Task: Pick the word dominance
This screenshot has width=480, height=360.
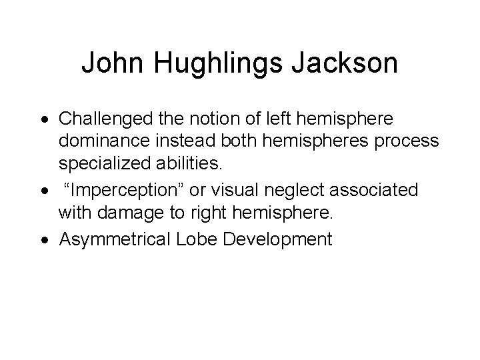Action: (x=101, y=143)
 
